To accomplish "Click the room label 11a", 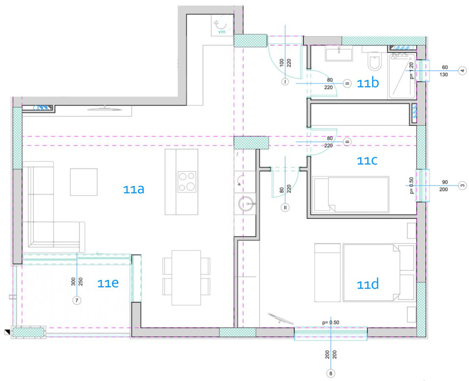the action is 134,189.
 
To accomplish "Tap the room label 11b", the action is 368,83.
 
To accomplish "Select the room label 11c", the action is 367,160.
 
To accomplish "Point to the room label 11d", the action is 368,284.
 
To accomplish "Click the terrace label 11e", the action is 108,283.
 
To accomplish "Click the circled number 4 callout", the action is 462,71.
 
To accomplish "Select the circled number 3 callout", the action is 462,185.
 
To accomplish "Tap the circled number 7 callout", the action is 77,300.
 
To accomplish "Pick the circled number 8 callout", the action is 330,373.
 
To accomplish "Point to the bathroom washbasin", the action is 338,54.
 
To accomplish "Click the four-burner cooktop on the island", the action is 187,181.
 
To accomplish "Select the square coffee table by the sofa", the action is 84,182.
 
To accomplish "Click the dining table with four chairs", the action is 186,278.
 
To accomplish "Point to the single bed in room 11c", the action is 351,195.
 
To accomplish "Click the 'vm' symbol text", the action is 222,32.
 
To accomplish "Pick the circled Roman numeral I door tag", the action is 285,81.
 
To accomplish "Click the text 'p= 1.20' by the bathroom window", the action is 412,71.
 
